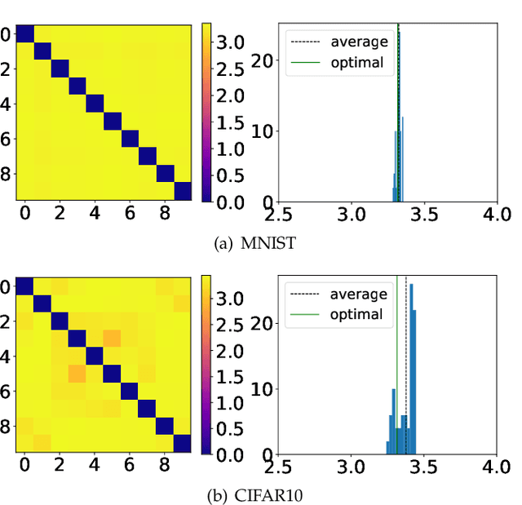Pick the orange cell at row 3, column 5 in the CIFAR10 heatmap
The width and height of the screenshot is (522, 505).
(112, 339)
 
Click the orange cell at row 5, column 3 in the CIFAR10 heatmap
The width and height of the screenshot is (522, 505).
(77, 374)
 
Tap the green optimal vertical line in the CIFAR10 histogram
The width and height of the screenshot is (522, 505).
(396, 367)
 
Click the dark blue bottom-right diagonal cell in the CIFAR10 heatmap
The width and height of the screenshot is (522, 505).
(183, 444)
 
